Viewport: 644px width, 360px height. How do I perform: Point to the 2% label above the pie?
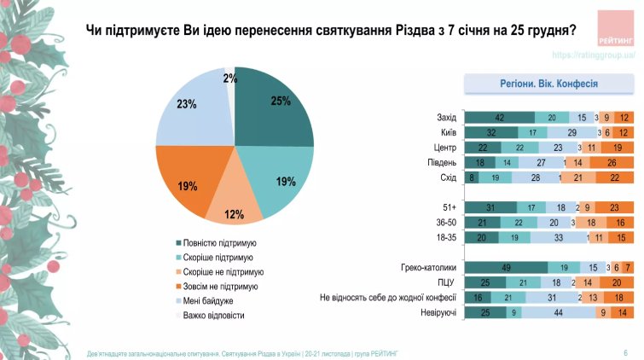229,78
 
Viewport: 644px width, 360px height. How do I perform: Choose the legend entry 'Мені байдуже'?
208,301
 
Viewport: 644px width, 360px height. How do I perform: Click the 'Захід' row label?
445,118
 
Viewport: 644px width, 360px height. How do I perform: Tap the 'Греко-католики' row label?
430,267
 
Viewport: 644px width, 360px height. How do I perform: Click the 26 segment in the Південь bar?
612,162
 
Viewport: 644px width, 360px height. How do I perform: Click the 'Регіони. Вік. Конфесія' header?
548,84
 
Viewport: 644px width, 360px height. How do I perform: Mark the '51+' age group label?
448,207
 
